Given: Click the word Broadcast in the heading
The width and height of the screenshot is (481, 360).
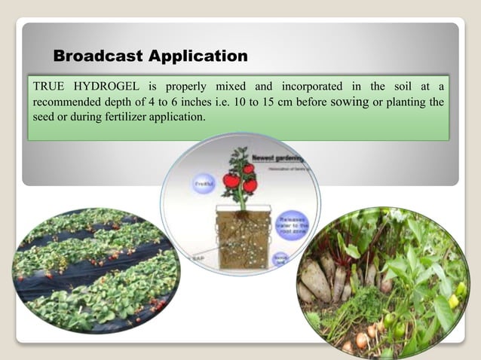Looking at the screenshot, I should (99, 56).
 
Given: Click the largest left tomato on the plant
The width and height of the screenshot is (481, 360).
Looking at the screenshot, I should (231, 181).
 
